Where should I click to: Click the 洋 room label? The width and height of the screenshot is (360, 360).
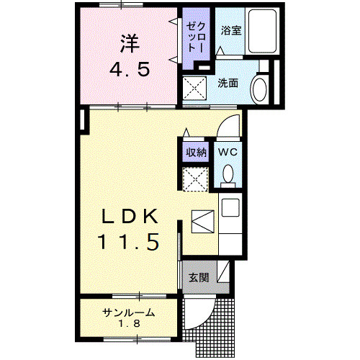click(130, 43)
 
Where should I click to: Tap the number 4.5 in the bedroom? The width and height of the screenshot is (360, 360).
click(130, 71)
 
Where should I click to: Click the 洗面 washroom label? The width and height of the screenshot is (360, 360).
click(228, 83)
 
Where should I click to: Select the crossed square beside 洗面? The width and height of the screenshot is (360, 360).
click(194, 89)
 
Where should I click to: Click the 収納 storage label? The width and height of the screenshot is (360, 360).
click(196, 152)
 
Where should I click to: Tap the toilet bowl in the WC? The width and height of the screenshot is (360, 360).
click(228, 174)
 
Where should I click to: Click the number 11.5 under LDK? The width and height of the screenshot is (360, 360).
click(130, 241)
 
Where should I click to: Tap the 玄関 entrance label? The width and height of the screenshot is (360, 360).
click(199, 277)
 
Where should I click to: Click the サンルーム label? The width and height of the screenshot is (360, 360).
click(129, 312)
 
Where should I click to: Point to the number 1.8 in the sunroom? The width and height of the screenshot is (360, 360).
click(129, 324)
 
